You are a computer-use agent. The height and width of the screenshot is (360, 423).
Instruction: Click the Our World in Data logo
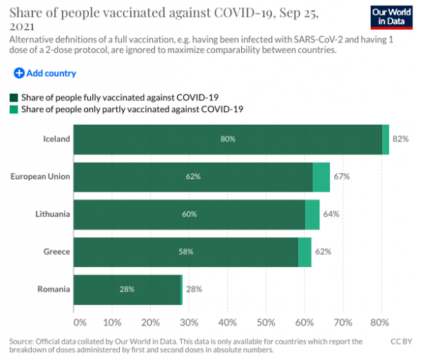(391, 16)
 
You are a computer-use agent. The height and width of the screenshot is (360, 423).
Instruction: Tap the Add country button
(44, 73)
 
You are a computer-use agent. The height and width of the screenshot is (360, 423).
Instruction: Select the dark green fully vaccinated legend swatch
(13, 97)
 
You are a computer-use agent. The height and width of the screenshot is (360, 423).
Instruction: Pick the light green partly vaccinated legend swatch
(13, 109)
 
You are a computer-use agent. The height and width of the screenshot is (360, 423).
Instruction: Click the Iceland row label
(56, 139)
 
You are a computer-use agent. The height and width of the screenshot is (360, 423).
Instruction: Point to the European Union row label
(41, 176)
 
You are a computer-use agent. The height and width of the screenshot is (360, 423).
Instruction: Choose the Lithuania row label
(52, 213)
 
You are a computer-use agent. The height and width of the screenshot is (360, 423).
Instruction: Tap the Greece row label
(56, 252)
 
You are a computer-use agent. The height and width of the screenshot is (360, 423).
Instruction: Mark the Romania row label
(54, 289)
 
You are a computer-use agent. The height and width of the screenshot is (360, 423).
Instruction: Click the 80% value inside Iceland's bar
(227, 139)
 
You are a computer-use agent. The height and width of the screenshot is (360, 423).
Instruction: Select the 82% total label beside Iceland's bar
(400, 139)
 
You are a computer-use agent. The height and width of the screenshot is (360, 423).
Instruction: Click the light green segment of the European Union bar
(321, 176)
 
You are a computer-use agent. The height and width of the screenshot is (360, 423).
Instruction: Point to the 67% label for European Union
(342, 176)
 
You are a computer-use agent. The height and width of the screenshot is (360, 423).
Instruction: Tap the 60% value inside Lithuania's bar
(189, 213)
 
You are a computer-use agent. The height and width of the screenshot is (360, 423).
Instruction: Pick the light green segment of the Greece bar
(305, 252)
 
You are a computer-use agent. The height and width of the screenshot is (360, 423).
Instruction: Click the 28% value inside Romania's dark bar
(128, 289)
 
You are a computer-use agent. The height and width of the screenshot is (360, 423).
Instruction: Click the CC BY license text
(400, 341)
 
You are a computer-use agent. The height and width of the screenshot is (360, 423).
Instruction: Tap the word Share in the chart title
(27, 11)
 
